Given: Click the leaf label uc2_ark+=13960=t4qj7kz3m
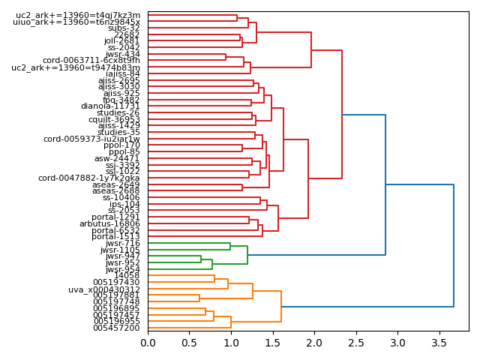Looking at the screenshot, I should (78, 15).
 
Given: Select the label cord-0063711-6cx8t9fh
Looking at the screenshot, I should (91, 61).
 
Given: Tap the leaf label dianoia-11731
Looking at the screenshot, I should (110, 106).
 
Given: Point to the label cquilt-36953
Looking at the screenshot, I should (114, 119).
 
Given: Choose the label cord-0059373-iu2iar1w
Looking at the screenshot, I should (91, 139).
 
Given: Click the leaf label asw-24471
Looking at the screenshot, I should (117, 158).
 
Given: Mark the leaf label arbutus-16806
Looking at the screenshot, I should (109, 223).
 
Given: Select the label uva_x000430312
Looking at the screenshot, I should (104, 289).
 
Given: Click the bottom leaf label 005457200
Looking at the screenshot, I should (116, 328).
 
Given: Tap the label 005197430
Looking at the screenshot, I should (116, 283).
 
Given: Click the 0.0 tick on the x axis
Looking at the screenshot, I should (148, 343).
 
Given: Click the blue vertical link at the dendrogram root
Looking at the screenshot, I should (454, 245).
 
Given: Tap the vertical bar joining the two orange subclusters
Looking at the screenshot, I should (281, 307).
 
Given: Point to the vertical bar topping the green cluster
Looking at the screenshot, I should (247, 255).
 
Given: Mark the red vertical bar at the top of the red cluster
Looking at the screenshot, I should (342, 115).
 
